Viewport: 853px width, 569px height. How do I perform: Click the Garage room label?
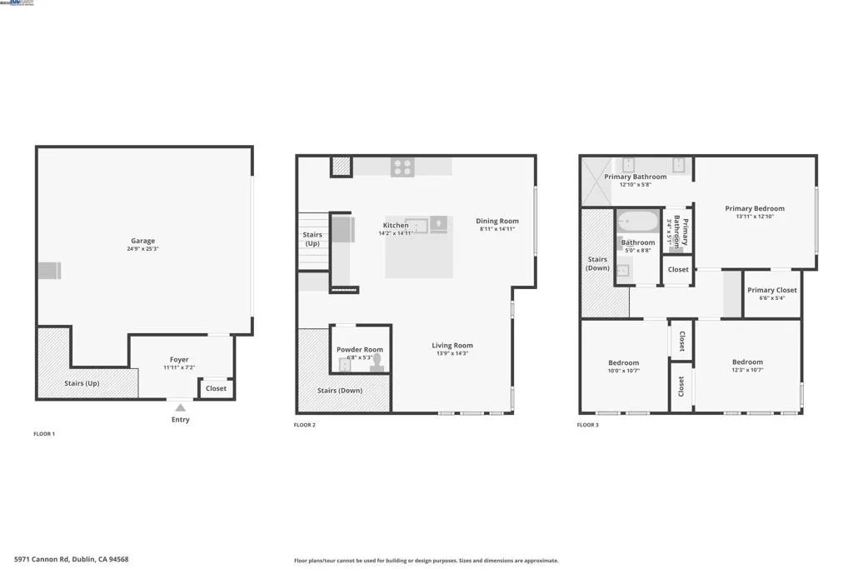pyautogui.click(x=142, y=241)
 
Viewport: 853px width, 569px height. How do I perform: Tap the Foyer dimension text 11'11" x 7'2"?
pyautogui.click(x=179, y=367)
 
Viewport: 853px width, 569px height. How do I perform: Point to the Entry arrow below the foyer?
pyautogui.click(x=180, y=407)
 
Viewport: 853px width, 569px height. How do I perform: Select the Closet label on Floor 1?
pyautogui.click(x=216, y=388)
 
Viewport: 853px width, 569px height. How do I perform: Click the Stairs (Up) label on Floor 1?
pyautogui.click(x=82, y=384)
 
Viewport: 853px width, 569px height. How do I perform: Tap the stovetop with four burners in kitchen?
pyautogui.click(x=402, y=167)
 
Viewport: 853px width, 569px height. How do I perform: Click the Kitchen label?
pyautogui.click(x=396, y=225)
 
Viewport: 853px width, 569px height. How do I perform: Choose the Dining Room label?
pyautogui.click(x=497, y=221)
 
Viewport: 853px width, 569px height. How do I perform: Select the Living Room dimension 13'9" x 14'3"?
pyautogui.click(x=452, y=353)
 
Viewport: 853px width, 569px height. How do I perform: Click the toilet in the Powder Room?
pyautogui.click(x=377, y=362)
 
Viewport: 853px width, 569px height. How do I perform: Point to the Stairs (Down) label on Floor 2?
pyautogui.click(x=339, y=390)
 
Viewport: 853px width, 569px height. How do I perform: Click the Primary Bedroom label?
pyautogui.click(x=755, y=208)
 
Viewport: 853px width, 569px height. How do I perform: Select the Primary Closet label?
pyautogui.click(x=772, y=290)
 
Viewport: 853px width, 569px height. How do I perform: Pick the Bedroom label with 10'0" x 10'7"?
pyautogui.click(x=623, y=362)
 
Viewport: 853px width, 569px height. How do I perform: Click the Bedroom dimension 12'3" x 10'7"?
pyautogui.click(x=747, y=370)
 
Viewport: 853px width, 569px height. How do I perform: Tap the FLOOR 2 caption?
pyautogui.click(x=305, y=425)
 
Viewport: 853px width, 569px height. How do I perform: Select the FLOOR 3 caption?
pyautogui.click(x=588, y=425)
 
